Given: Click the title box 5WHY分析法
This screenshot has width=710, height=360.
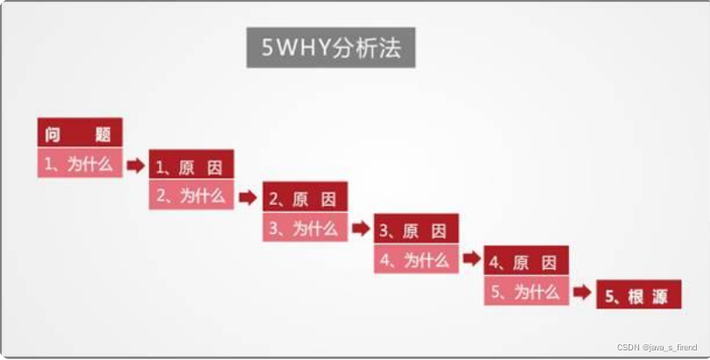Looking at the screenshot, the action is pyautogui.click(x=330, y=48).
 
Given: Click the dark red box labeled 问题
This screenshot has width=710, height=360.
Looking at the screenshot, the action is pyautogui.click(x=80, y=132).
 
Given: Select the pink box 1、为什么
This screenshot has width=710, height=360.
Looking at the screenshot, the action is pyautogui.click(x=80, y=163).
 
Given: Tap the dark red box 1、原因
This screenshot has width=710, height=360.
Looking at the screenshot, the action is pyautogui.click(x=192, y=166).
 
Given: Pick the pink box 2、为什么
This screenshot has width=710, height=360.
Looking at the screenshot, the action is pyautogui.click(x=192, y=195).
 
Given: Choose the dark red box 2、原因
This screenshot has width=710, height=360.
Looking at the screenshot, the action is pyautogui.click(x=305, y=199).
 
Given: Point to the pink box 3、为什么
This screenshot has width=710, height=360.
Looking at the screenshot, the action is pyautogui.click(x=305, y=229).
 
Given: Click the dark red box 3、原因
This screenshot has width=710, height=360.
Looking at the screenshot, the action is pyautogui.click(x=416, y=231).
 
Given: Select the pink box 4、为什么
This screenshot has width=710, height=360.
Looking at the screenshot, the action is pyautogui.click(x=416, y=260).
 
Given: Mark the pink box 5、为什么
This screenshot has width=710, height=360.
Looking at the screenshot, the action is pyautogui.click(x=526, y=292).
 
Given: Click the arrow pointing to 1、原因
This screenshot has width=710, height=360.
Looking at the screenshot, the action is pyautogui.click(x=136, y=166).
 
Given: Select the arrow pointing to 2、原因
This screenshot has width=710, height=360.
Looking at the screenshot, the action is pyautogui.click(x=248, y=197).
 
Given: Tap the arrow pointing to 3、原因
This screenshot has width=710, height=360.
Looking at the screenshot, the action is pyautogui.click(x=361, y=229).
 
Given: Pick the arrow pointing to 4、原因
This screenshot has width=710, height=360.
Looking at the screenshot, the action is pyautogui.click(x=471, y=259).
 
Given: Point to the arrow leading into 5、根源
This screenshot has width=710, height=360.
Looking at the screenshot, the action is pyautogui.click(x=582, y=293).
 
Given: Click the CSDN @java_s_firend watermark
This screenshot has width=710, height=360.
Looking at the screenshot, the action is pyautogui.click(x=657, y=348).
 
